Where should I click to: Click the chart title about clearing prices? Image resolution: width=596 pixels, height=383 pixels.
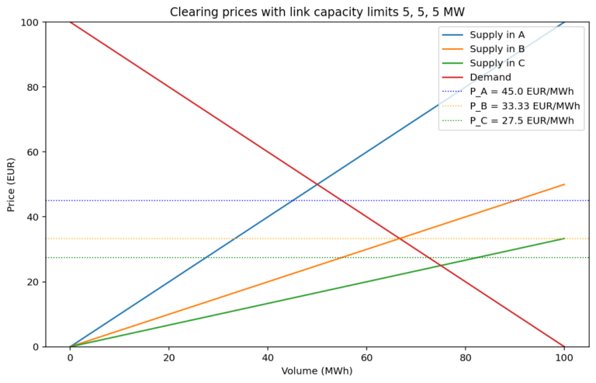317,11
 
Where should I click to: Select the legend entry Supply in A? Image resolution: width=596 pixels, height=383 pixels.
497,35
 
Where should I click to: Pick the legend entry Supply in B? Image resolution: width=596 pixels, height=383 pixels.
497,49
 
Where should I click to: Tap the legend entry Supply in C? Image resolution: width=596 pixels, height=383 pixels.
497,63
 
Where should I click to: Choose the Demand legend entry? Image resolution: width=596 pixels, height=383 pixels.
490,77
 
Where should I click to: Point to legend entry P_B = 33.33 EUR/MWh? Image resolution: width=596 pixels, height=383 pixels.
525,106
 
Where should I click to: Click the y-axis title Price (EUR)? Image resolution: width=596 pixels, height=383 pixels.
12,184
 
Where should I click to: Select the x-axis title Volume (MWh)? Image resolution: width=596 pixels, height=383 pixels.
317,371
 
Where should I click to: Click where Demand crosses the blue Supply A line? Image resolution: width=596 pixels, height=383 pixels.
317,184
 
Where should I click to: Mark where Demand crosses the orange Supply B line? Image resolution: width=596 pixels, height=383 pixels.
400,239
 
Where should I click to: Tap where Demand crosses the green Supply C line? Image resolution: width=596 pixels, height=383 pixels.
441,266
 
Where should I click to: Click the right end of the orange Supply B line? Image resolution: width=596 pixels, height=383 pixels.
564,184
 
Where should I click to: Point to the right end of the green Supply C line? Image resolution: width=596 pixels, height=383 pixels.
564,239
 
